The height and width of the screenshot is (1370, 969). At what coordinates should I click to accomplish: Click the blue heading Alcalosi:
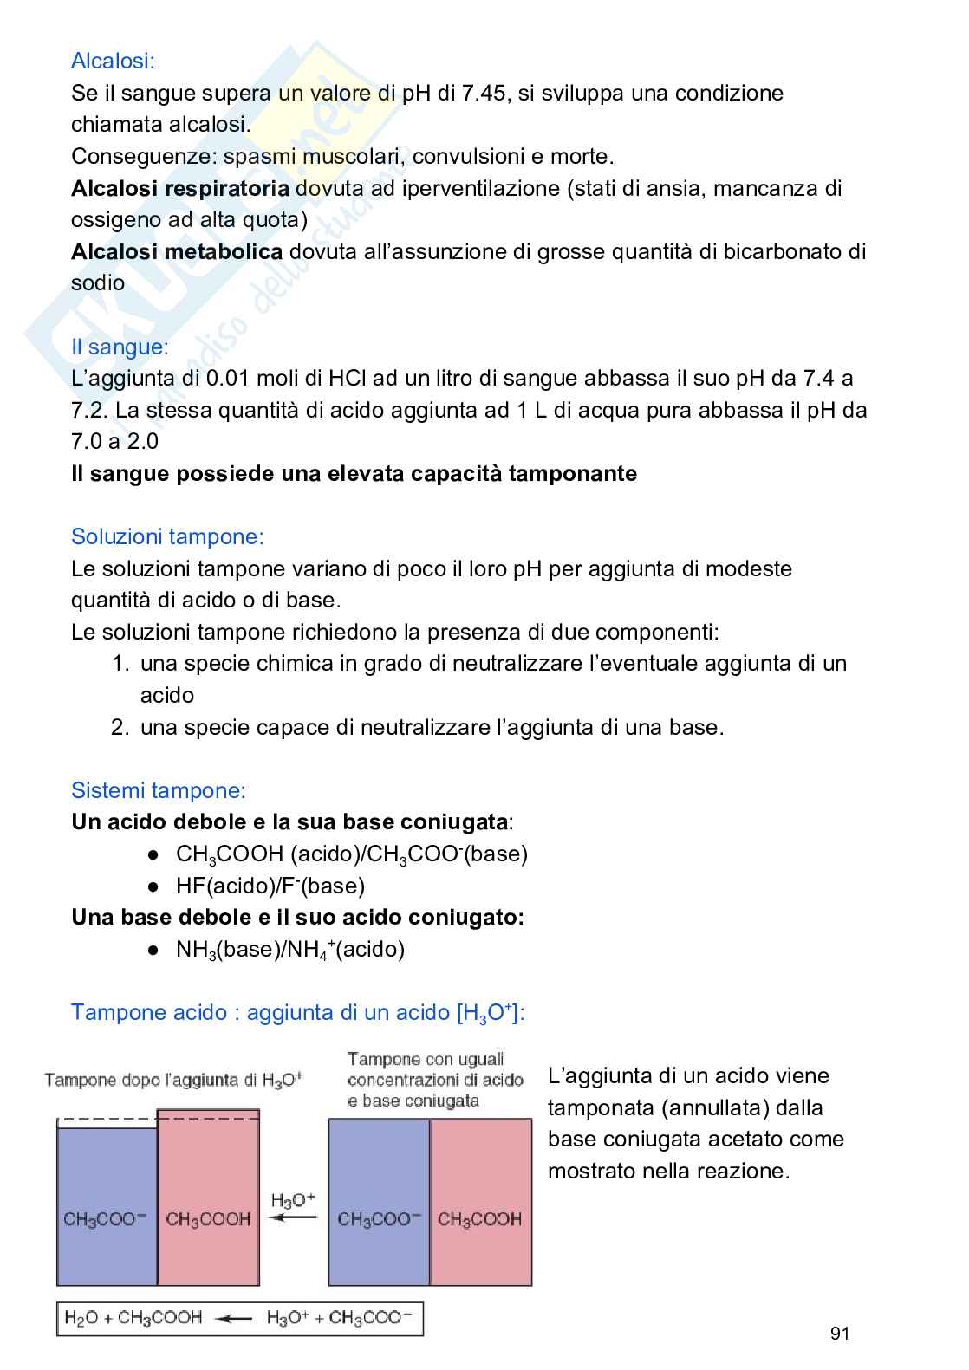(113, 62)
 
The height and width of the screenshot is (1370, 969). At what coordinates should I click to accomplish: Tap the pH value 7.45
(483, 93)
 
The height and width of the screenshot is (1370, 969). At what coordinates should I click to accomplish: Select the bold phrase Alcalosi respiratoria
(180, 188)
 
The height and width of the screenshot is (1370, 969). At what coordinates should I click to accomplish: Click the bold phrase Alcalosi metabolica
(177, 251)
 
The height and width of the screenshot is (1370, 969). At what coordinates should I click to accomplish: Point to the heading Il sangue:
(120, 347)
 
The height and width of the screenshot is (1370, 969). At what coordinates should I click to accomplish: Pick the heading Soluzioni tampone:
(167, 536)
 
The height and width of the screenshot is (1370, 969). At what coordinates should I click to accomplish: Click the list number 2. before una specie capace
(120, 727)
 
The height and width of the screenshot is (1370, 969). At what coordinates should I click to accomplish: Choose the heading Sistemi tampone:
(159, 790)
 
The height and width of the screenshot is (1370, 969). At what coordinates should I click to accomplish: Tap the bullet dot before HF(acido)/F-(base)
(153, 886)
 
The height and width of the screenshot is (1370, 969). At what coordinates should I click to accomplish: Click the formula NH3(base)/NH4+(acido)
(290, 950)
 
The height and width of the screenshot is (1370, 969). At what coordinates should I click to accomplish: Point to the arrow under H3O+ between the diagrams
(293, 1218)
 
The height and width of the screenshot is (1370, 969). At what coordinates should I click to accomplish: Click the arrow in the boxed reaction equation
(234, 1320)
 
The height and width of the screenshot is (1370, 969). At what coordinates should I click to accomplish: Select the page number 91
(839, 1334)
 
